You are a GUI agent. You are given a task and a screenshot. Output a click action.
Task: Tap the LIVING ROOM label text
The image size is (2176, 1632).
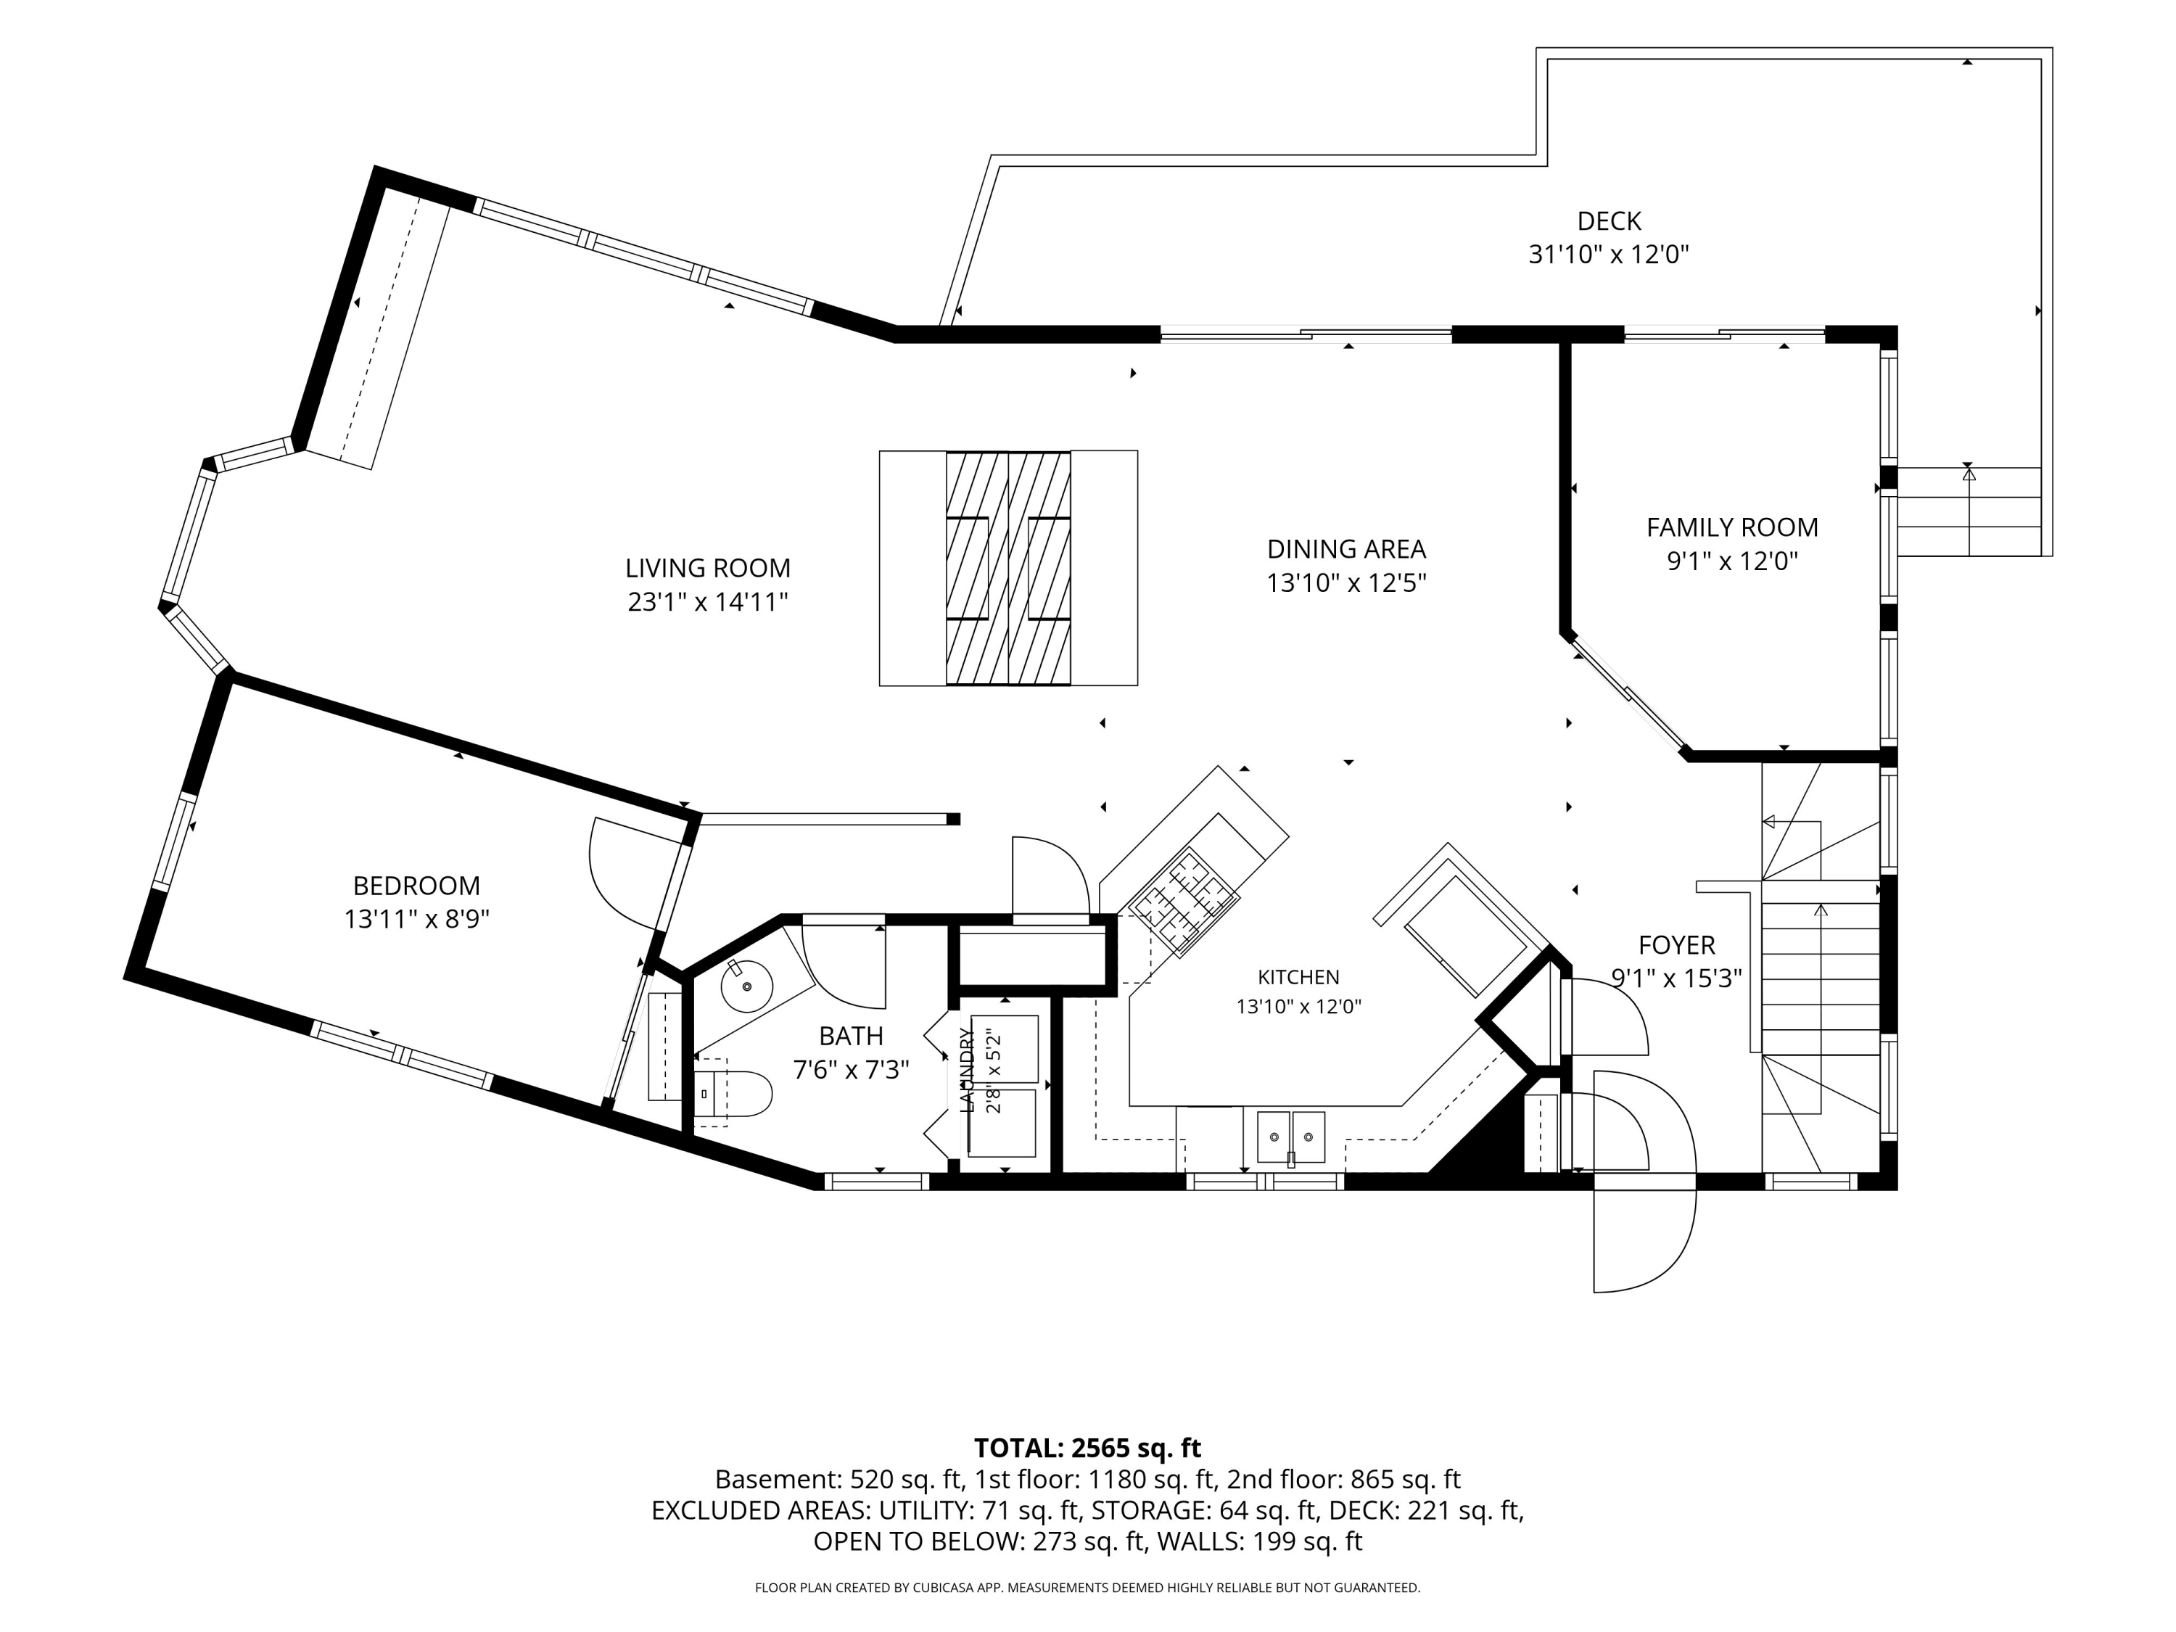[x=707, y=568]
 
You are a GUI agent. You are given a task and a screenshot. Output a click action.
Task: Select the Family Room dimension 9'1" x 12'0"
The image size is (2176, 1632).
[x=1732, y=561]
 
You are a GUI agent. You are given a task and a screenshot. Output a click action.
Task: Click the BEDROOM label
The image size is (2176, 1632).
[x=416, y=886]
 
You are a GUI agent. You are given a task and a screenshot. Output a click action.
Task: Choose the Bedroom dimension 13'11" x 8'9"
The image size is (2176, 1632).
[x=416, y=919]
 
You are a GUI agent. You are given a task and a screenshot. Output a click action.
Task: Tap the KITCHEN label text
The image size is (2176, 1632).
[x=1298, y=977]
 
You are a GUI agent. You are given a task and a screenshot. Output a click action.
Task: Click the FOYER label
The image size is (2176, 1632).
[x=1676, y=945]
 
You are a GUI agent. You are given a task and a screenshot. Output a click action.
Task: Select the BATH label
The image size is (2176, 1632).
[x=851, y=1036]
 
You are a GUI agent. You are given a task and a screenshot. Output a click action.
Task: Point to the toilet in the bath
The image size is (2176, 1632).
[x=732, y=1093]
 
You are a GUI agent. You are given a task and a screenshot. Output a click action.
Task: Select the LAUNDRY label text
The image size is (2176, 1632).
[x=966, y=1071]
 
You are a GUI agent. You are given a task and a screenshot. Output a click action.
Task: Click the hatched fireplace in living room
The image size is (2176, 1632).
[x=1008, y=569]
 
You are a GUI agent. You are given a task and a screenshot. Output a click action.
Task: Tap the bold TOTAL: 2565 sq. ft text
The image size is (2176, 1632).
[x=1087, y=1448]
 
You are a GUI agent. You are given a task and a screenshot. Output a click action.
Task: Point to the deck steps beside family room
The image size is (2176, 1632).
[x=1969, y=511]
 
